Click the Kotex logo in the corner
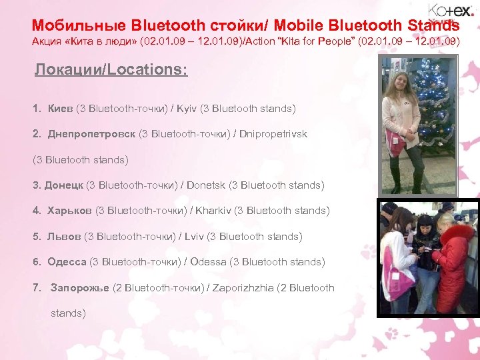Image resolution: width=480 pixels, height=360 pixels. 451,11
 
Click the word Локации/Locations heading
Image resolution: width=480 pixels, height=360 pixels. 111,70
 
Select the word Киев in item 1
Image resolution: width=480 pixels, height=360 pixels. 61,108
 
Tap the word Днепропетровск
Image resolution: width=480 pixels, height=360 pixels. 91,134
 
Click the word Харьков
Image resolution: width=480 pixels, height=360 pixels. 70,211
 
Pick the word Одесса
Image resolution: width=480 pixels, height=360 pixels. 67,262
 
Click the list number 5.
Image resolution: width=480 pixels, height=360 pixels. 36,237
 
